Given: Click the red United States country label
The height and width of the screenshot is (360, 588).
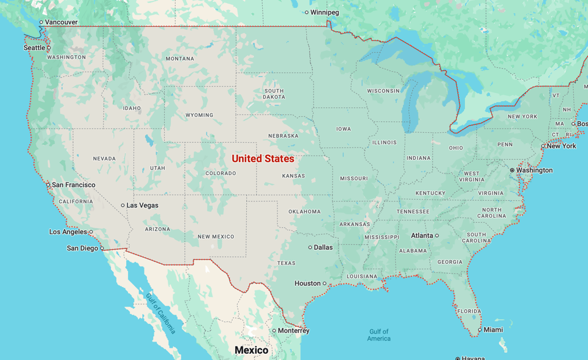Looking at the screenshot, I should click(263, 159).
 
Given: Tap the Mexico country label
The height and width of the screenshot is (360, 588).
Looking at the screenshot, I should click(252, 350).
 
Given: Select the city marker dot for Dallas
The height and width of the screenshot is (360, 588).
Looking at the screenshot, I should click(310, 247).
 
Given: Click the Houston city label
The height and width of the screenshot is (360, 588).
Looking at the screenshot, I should click(307, 283).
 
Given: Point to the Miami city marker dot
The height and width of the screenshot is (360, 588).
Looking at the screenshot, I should click(480, 330).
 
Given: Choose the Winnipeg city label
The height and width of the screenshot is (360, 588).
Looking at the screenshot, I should click(325, 12).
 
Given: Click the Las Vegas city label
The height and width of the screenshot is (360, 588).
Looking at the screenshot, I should click(142, 206).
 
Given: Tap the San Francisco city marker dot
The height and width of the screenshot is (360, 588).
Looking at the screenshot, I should click(48, 185).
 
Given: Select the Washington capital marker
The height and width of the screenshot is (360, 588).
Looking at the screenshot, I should click(512, 170).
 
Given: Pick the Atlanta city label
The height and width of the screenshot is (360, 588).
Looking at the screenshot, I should click(421, 236).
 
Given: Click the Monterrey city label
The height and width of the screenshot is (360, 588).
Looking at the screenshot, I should click(293, 331).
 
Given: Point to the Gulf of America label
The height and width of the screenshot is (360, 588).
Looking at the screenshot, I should click(379, 335).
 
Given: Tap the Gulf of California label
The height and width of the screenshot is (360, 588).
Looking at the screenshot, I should click(160, 313).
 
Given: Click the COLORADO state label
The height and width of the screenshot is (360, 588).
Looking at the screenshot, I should click(221, 173).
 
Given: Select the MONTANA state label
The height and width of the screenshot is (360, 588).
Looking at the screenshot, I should click(179, 59).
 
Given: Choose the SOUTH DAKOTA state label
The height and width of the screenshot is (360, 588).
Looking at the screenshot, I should click(274, 94).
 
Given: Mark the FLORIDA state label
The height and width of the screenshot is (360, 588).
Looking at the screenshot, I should click(469, 311).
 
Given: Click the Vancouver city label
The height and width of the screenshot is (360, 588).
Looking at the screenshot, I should click(61, 22).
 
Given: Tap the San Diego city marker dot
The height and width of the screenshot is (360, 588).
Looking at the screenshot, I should click(102, 249).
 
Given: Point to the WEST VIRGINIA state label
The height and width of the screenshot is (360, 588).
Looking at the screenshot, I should click(472, 176).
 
